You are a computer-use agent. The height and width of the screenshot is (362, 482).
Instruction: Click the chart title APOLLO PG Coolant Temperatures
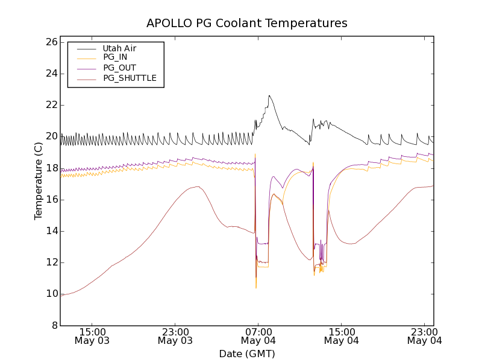point(246,23)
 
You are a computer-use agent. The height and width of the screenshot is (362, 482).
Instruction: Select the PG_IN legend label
point(115,57)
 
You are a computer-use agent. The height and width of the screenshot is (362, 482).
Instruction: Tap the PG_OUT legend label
point(119,68)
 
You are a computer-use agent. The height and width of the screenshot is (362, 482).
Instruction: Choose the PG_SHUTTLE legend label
point(130,78)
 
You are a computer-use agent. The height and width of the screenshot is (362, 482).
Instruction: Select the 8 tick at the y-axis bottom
point(54,325)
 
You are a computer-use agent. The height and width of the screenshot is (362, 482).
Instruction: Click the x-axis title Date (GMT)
point(246,354)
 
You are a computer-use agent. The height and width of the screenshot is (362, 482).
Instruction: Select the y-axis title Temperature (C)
point(39,181)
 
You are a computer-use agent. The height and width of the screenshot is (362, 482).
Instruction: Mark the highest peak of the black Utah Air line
point(269,95)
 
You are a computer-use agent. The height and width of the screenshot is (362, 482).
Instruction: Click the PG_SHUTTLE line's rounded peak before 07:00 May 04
point(196,187)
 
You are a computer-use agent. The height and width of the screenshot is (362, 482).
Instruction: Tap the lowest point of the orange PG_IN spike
point(255,288)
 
